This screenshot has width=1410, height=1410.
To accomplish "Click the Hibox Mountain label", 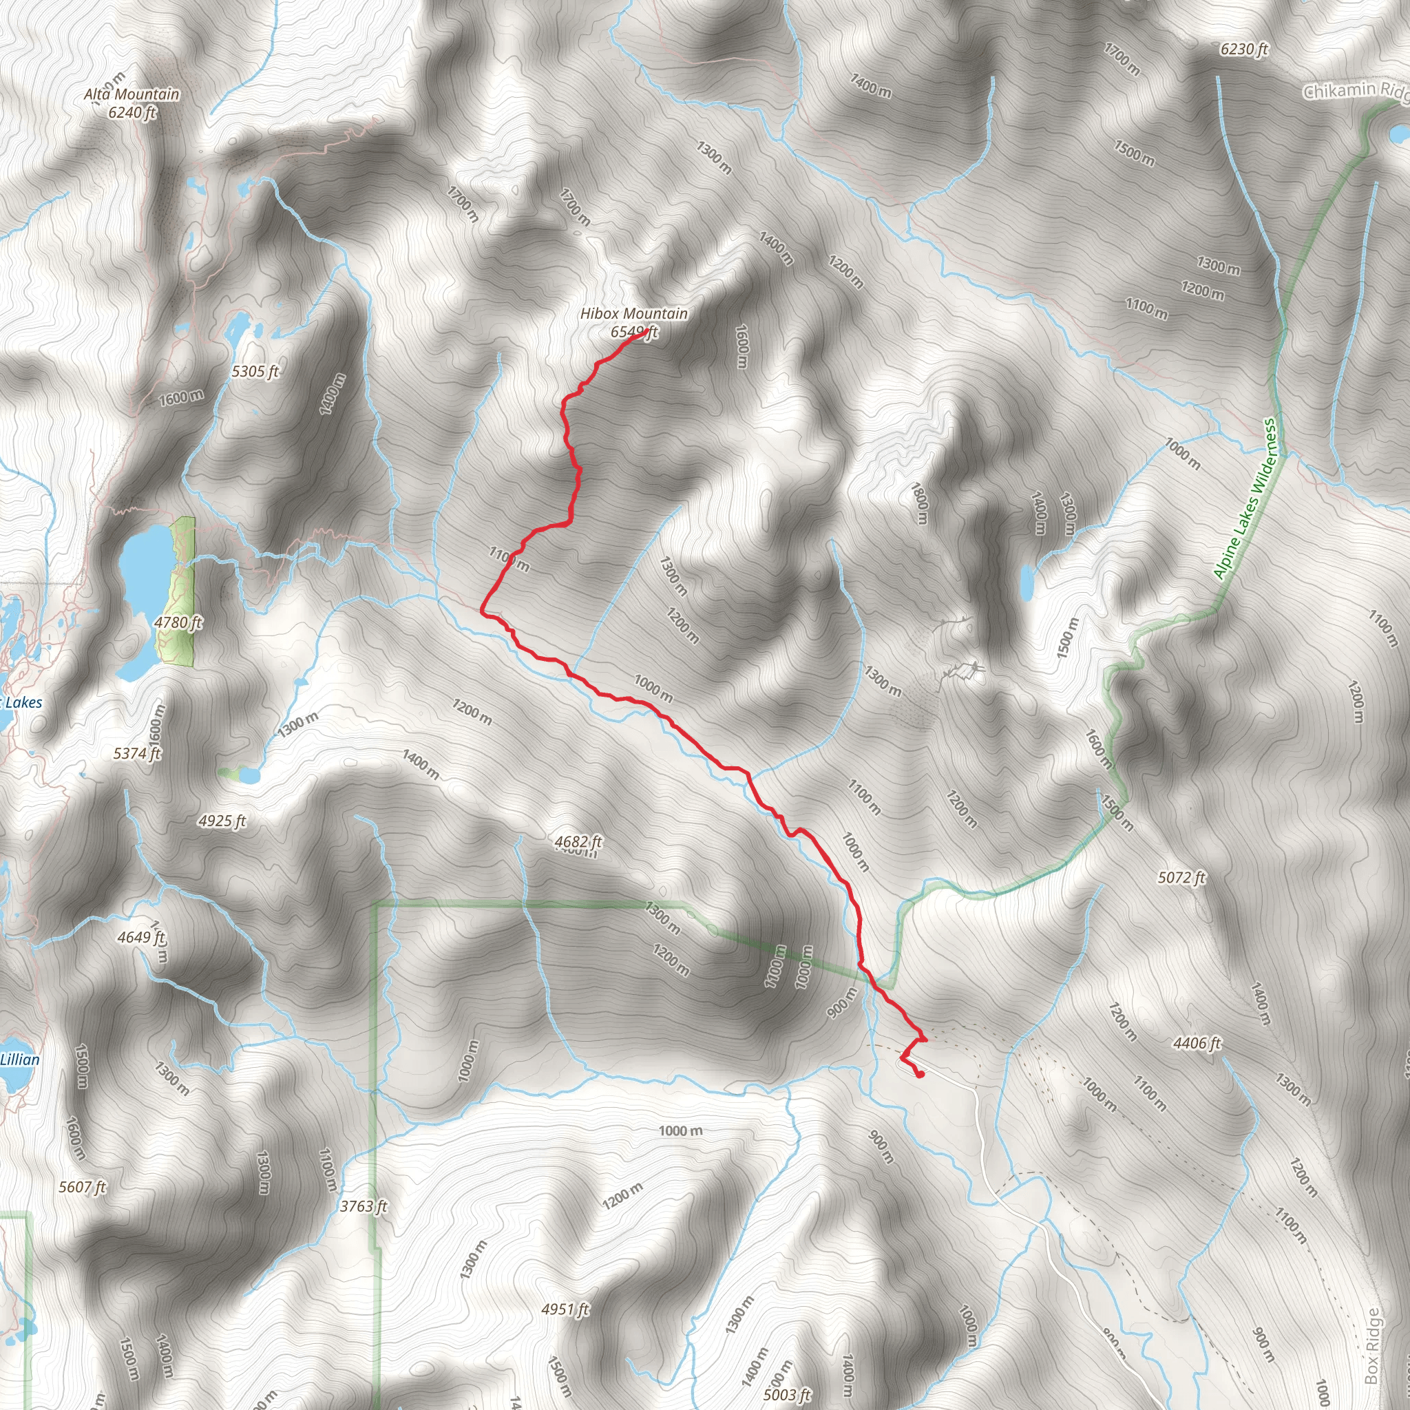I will click(x=633, y=314).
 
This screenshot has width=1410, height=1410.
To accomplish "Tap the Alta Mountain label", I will click(x=131, y=94).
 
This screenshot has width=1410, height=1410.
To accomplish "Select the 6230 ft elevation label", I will click(x=1243, y=50).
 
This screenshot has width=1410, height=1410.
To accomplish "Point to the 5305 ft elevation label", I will click(x=255, y=372).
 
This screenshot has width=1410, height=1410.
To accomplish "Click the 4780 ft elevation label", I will click(x=178, y=622).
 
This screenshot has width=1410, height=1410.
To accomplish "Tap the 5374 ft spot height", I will click(x=137, y=753).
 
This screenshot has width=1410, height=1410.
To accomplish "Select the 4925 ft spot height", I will click(x=222, y=821).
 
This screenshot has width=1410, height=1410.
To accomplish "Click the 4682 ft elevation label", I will click(x=578, y=842).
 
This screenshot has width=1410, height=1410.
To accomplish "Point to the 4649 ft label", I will click(x=141, y=937).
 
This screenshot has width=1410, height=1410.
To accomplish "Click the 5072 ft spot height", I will click(x=1181, y=878).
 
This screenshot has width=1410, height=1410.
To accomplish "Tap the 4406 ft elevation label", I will click(x=1197, y=1044).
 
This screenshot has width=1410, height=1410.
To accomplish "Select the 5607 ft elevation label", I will click(x=83, y=1188).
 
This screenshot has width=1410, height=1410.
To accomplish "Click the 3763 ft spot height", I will click(x=364, y=1206).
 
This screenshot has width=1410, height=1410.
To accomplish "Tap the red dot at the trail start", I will click(x=920, y=1074).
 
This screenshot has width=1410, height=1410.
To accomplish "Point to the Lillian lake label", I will click(x=20, y=1060).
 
